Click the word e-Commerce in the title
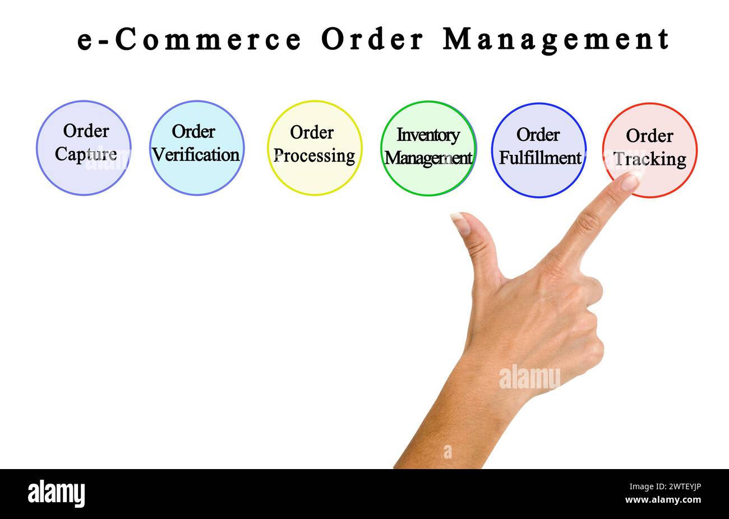pos(189,39)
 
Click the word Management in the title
pos(556,39)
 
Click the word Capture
pos(86,154)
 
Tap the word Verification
pos(196,155)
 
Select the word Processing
pos(315,156)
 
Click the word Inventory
pos(428,135)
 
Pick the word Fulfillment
pos(540,158)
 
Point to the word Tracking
pos(650,159)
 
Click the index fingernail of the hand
pos(631,181)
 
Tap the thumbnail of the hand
pos(462,224)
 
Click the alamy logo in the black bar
pos(57,494)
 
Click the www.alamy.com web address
pos(663,500)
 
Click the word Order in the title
pos(372,39)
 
